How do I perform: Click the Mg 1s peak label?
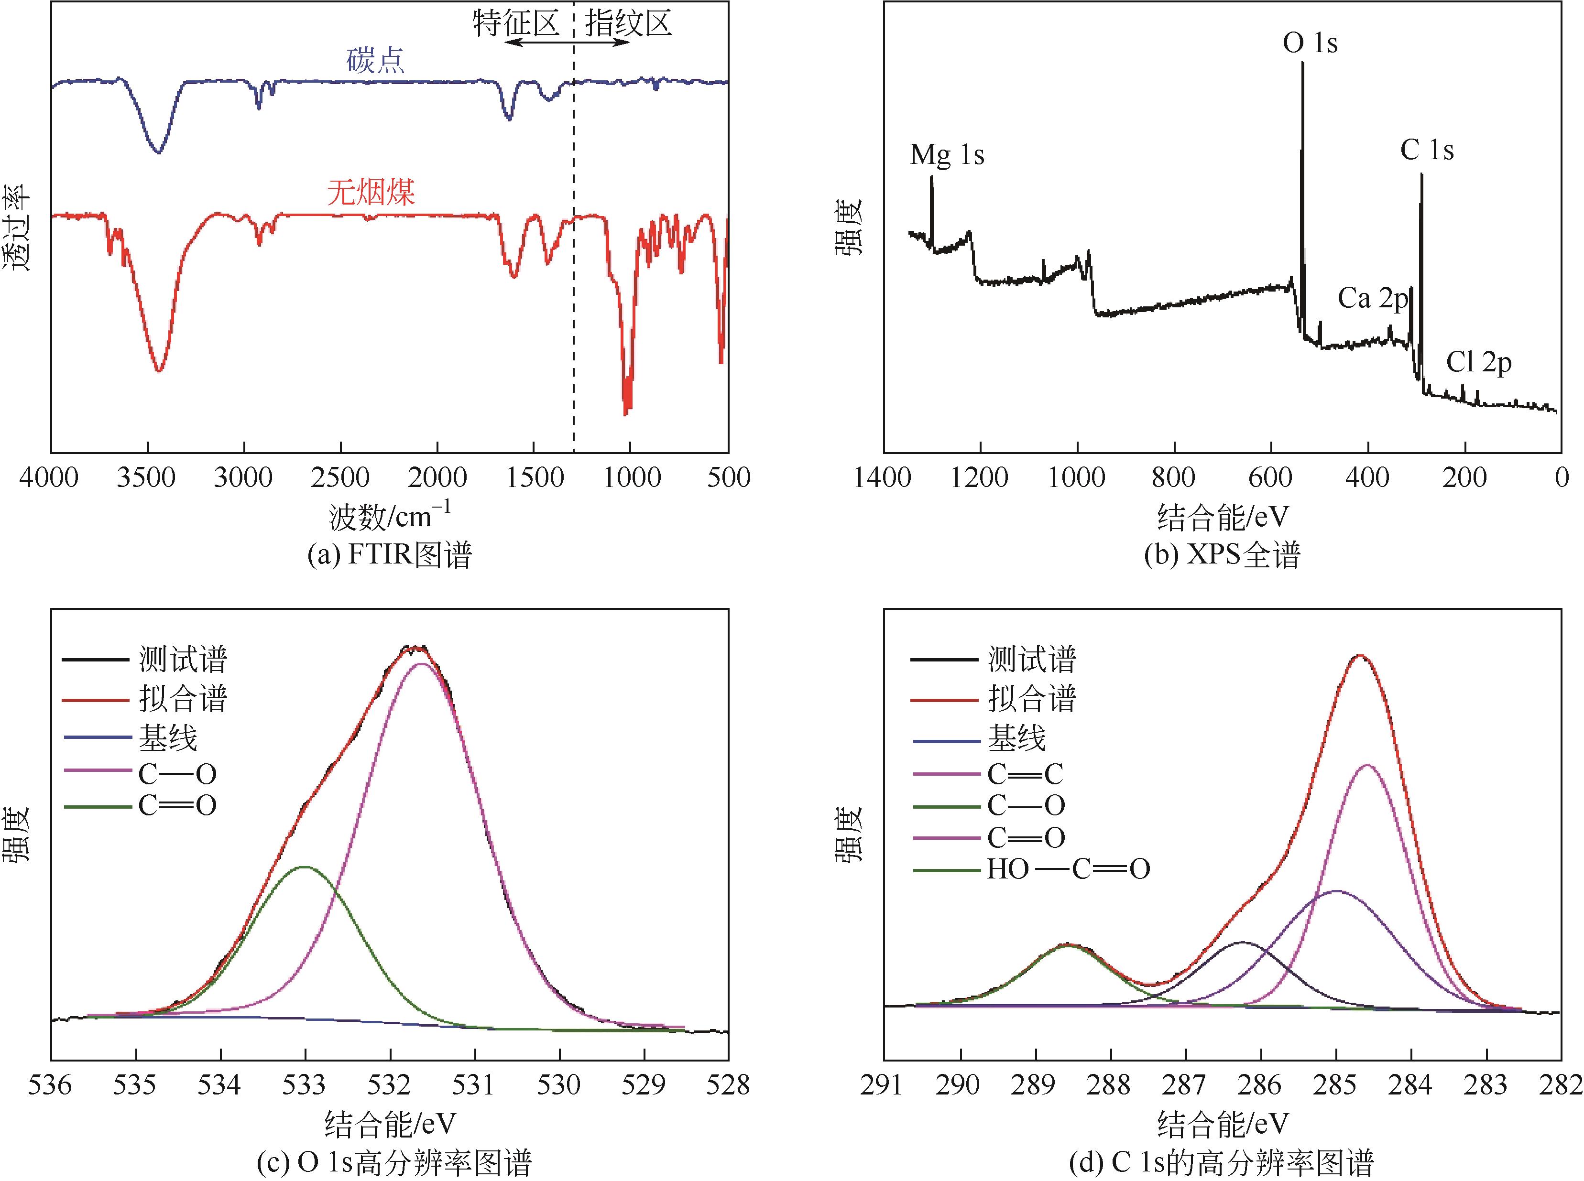947,154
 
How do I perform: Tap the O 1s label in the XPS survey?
1310,43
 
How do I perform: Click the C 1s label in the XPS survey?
1427,150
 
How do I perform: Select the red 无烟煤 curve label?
371,192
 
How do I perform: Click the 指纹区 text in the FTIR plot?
628,23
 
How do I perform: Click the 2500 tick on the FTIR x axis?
340,477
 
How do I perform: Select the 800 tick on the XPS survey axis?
1173,477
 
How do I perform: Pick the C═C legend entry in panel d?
1025,773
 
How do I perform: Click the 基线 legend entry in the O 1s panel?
167,738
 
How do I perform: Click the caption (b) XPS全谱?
1222,555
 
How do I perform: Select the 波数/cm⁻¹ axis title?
390,516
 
